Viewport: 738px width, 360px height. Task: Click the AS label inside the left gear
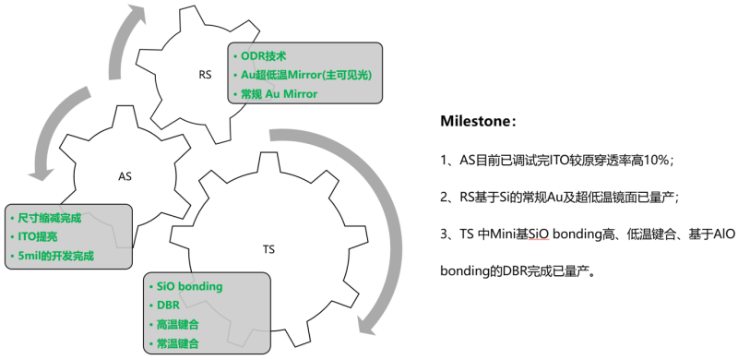(x=125, y=175)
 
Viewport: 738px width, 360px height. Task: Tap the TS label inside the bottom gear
(x=268, y=250)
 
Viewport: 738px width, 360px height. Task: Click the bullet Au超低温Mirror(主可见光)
(x=305, y=74)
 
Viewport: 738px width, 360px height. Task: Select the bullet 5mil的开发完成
(x=55, y=254)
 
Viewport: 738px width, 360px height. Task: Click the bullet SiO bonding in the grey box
(x=188, y=286)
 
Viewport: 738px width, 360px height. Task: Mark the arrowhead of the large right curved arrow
(x=369, y=323)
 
